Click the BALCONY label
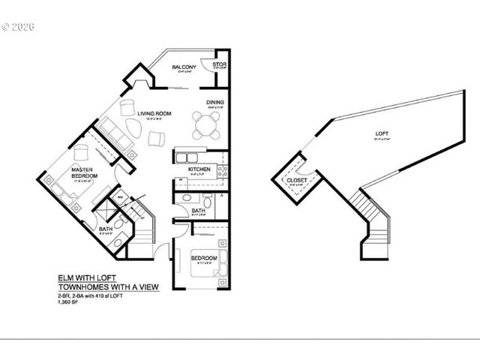click(184, 68)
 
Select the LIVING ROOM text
click(154, 113)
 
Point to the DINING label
click(215, 103)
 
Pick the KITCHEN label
click(199, 170)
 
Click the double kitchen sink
click(186, 157)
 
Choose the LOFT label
click(382, 134)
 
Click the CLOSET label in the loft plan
click(295, 181)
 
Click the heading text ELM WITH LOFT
click(86, 277)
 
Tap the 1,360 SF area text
click(69, 301)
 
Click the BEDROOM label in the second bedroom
click(202, 258)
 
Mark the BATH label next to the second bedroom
click(197, 211)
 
